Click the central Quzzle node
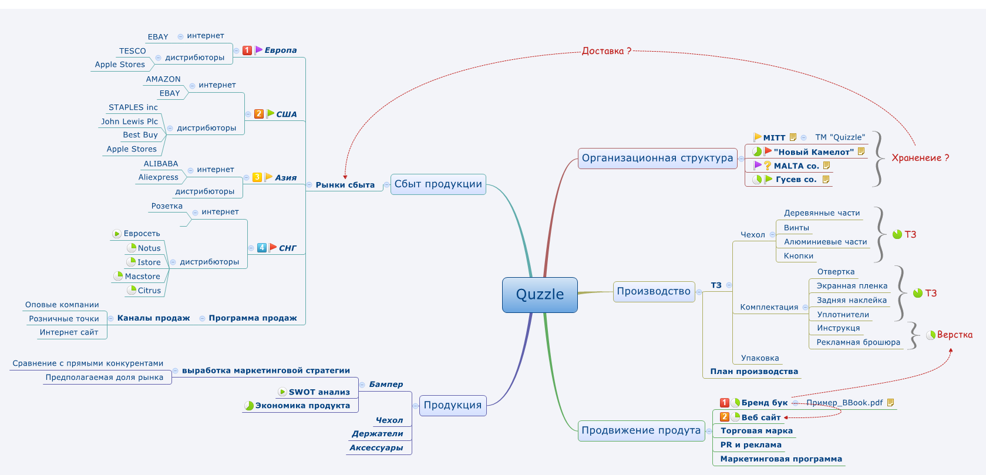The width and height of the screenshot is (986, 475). click(x=540, y=295)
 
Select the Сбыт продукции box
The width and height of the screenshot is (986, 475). click(x=438, y=184)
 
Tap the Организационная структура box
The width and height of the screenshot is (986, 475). click(x=657, y=159)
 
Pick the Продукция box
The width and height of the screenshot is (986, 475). click(x=452, y=405)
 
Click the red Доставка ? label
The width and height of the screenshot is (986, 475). click(x=607, y=51)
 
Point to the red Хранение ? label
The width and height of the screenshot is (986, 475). click(x=920, y=158)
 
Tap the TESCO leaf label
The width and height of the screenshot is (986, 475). click(x=132, y=51)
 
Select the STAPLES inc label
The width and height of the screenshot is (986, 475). click(x=133, y=107)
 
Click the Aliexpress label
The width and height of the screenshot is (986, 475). click(x=158, y=177)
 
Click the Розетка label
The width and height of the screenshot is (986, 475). click(x=167, y=206)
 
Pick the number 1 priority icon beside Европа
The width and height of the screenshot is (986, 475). click(x=247, y=50)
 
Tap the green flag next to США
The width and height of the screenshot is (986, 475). click(x=270, y=113)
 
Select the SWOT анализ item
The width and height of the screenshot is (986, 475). click(x=319, y=392)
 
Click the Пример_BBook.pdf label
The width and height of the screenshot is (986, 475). click(x=844, y=403)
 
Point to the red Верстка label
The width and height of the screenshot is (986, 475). click(x=954, y=335)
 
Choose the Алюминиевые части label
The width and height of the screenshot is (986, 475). click(x=825, y=242)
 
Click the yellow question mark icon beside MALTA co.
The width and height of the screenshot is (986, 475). click(x=768, y=166)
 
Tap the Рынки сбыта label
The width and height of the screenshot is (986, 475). click(x=345, y=185)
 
